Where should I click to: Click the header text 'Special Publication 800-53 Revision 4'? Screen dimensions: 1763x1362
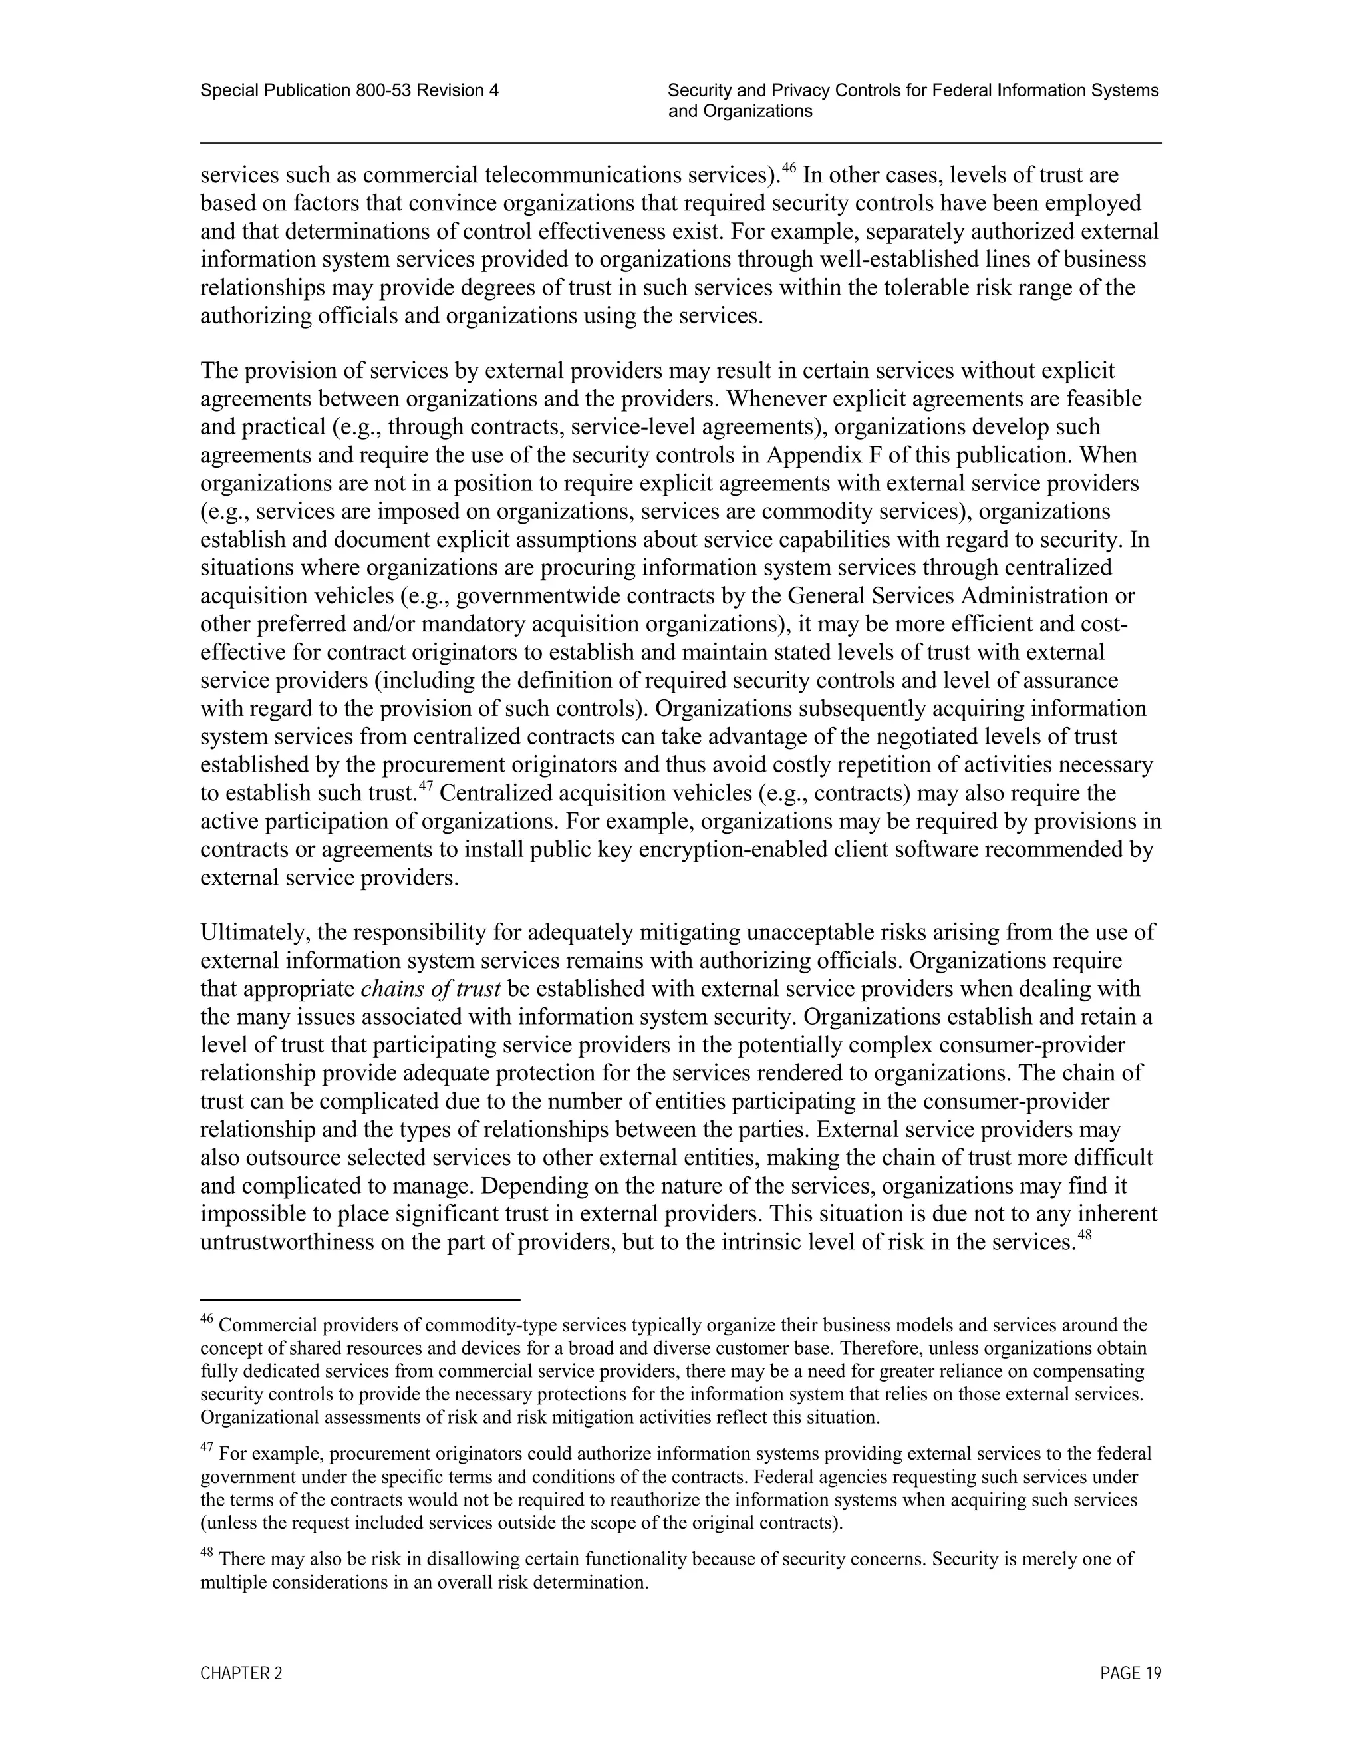point(349,91)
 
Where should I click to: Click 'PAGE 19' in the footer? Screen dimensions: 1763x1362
point(1131,1673)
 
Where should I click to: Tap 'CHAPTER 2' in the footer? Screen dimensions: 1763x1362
point(241,1673)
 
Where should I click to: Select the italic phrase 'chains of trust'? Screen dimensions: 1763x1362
point(431,989)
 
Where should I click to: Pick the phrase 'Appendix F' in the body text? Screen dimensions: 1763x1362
point(824,455)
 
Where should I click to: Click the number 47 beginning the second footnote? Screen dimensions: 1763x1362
point(207,1449)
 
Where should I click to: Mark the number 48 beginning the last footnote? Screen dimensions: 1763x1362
point(207,1554)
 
